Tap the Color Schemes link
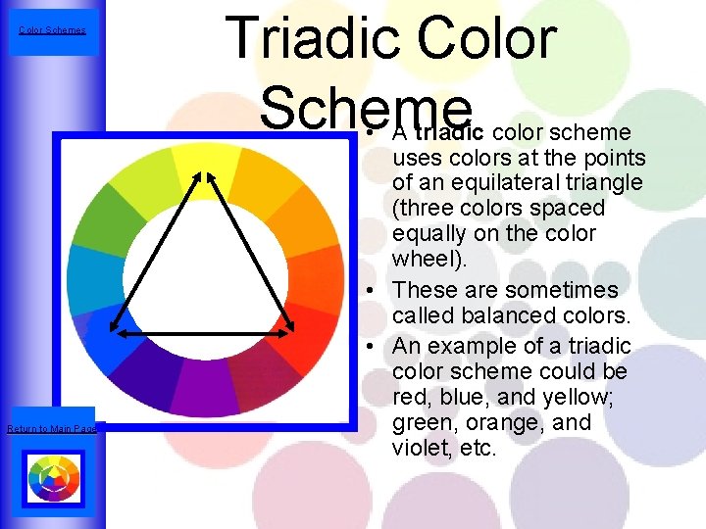click(x=52, y=30)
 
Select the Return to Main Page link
click(x=52, y=428)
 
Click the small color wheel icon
click(x=53, y=477)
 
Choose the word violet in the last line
click(x=419, y=449)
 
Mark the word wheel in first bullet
click(x=420, y=259)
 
